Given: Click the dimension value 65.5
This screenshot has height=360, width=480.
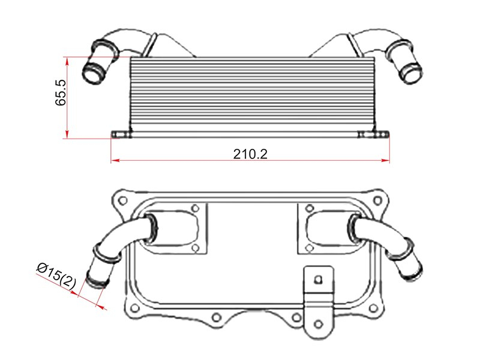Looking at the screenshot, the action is point(61,93).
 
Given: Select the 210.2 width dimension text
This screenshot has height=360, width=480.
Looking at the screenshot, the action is point(250,154).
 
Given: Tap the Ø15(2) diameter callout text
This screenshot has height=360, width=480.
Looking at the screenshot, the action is point(56,275).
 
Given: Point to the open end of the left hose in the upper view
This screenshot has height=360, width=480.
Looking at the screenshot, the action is point(93,72).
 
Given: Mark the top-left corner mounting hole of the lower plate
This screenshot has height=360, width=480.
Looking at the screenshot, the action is point(122,201).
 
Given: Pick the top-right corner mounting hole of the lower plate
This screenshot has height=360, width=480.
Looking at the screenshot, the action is point(378,200).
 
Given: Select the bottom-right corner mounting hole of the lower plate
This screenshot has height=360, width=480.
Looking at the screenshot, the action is point(373,308).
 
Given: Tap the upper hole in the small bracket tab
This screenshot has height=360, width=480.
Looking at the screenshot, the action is point(319,279).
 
